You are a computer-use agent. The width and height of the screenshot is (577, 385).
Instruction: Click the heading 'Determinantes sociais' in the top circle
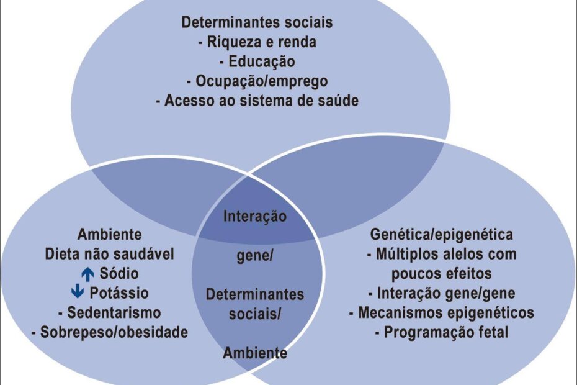(257, 23)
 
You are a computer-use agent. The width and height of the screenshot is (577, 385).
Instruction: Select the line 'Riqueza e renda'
(257, 42)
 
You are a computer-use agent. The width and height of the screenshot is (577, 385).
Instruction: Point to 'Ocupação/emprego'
(257, 81)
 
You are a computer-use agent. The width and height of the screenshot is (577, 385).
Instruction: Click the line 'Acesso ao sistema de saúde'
(257, 100)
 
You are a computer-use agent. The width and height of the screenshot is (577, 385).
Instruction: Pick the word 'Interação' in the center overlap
(255, 217)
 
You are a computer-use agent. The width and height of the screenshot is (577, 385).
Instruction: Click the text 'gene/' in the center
(255, 257)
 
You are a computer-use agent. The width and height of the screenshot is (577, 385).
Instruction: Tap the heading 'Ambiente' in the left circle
(110, 235)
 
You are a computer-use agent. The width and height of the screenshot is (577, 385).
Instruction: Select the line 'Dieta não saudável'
(110, 254)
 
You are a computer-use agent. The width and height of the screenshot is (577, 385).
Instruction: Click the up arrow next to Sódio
(87, 273)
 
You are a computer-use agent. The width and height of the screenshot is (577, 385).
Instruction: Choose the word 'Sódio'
(117, 273)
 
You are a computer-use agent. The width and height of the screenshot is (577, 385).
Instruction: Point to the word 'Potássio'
(119, 292)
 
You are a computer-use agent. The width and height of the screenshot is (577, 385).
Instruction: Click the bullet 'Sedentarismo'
(110, 312)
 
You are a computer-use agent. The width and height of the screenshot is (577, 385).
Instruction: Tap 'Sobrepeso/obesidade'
(110, 332)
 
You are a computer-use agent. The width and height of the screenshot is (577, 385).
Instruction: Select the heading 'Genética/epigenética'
(442, 235)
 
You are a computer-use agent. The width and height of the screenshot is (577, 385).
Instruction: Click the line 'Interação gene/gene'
(442, 292)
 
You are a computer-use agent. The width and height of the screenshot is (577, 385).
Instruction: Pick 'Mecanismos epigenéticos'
(442, 312)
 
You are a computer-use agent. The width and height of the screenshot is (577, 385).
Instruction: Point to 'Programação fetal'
(442, 332)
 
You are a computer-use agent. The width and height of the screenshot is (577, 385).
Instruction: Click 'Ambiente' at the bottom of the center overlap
(255, 353)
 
